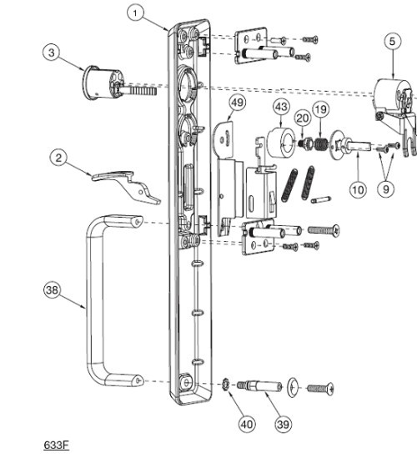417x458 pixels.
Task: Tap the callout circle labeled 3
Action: tap(53, 52)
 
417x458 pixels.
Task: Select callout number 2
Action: tap(58, 156)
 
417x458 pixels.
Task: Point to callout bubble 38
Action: tap(53, 289)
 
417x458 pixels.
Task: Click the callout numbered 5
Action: tap(393, 39)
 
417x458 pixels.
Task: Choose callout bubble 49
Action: tap(238, 103)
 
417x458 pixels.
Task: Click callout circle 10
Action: tap(357, 189)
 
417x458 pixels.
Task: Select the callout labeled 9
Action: tap(384, 189)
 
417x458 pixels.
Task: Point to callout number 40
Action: tap(247, 424)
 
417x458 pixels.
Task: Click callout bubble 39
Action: tap(284, 424)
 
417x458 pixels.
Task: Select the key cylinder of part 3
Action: tap(103, 81)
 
